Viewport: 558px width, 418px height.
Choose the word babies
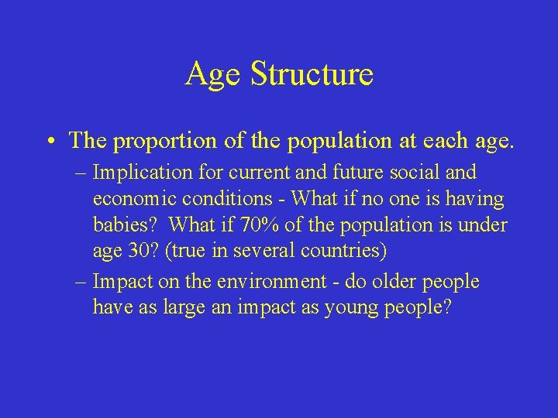(125, 225)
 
